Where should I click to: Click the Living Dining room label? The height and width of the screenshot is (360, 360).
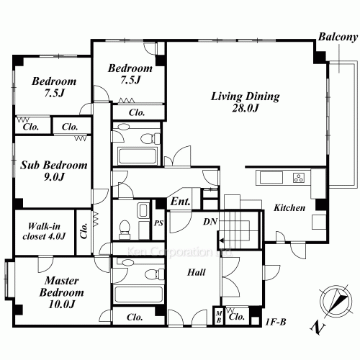(x=235, y=95)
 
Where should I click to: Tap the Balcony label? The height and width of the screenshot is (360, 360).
(x=338, y=37)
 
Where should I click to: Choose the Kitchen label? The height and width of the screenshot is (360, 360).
(x=289, y=207)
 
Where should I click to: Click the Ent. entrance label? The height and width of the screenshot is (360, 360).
(x=179, y=203)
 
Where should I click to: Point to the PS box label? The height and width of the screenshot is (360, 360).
(x=159, y=224)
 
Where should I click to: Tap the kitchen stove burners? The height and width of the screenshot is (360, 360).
(x=297, y=177)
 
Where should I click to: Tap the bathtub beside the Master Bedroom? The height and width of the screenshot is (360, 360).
(x=132, y=294)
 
